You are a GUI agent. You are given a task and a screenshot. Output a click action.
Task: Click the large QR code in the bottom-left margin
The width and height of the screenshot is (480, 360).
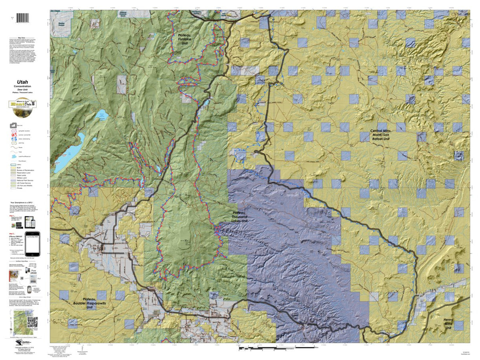[x=32, y=322]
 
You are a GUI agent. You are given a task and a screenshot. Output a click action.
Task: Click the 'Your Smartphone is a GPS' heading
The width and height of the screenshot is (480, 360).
[x=25, y=203]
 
